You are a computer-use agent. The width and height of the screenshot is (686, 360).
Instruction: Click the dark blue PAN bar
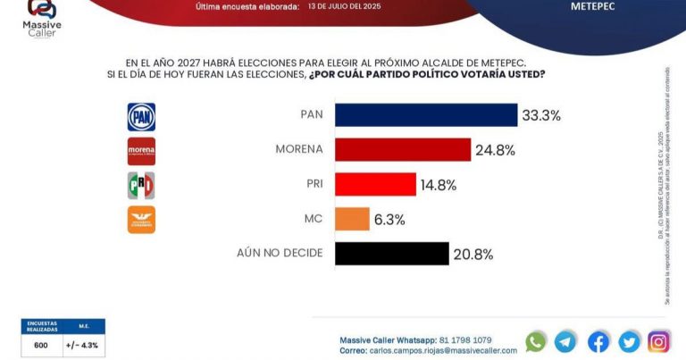click(x=425, y=115)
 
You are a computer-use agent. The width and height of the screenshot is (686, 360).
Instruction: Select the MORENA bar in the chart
click(x=402, y=149)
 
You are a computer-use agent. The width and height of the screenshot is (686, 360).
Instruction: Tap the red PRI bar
click(x=375, y=184)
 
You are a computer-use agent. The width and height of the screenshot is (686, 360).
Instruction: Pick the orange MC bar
click(x=352, y=219)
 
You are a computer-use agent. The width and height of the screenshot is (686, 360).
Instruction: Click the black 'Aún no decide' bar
click(x=391, y=254)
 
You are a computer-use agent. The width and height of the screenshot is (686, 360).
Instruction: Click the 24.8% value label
click(x=497, y=150)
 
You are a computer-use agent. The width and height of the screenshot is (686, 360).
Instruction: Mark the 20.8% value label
click(x=474, y=255)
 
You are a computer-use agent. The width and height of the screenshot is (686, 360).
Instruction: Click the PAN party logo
click(x=141, y=116)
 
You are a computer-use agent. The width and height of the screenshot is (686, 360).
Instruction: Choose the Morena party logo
click(x=141, y=151)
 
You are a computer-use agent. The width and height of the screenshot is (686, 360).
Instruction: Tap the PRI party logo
click(x=141, y=185)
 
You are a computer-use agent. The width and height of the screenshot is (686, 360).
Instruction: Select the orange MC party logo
click(x=141, y=220)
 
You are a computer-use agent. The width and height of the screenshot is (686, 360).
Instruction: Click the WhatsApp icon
click(x=536, y=341)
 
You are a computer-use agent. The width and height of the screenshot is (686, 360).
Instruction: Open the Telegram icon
click(x=565, y=341)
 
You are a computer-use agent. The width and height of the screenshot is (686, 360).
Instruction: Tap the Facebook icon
click(x=598, y=341)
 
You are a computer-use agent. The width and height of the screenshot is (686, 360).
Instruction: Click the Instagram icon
click(x=658, y=341)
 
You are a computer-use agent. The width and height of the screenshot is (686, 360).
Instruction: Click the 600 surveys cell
click(x=41, y=344)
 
